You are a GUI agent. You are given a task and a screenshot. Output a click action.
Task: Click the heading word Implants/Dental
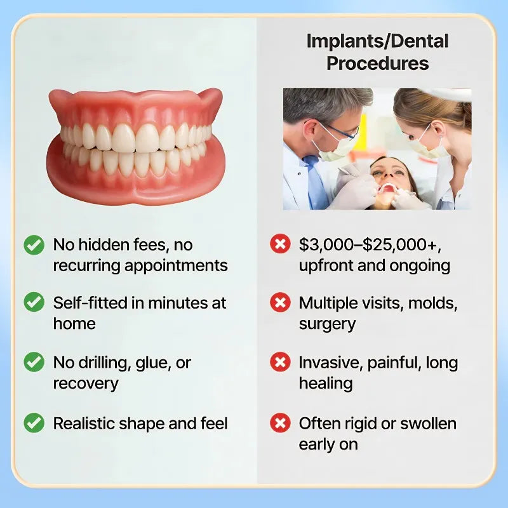tap(377, 41)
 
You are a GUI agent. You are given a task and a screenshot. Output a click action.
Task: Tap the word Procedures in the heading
tap(377, 63)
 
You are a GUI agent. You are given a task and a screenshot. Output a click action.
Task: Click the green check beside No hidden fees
tap(34, 244)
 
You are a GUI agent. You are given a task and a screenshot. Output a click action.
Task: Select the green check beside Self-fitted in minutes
tap(34, 303)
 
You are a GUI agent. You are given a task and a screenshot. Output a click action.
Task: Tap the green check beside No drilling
tap(34, 363)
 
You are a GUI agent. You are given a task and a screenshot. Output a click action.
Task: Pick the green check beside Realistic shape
tap(34, 423)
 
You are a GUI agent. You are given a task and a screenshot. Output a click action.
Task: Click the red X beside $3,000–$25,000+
tap(280, 244)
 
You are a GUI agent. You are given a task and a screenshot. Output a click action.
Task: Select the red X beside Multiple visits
tap(280, 303)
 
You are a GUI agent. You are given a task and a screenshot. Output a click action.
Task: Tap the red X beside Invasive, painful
tap(280, 363)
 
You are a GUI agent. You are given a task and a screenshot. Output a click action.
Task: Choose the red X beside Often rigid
tap(280, 423)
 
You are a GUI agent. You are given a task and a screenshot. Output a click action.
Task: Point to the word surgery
tap(327, 324)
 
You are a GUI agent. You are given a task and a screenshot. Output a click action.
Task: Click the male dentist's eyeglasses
tap(340, 130)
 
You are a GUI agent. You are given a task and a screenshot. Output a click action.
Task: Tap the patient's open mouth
tap(386, 189)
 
